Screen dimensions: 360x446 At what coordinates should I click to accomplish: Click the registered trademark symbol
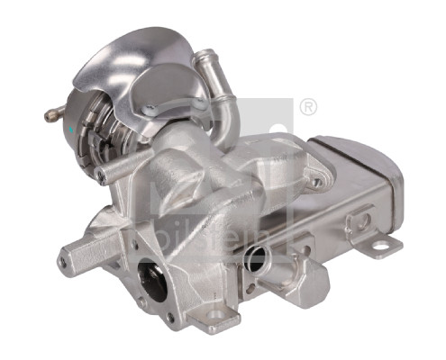click(307, 107)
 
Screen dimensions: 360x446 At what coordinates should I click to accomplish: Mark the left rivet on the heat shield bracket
click(149, 110)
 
